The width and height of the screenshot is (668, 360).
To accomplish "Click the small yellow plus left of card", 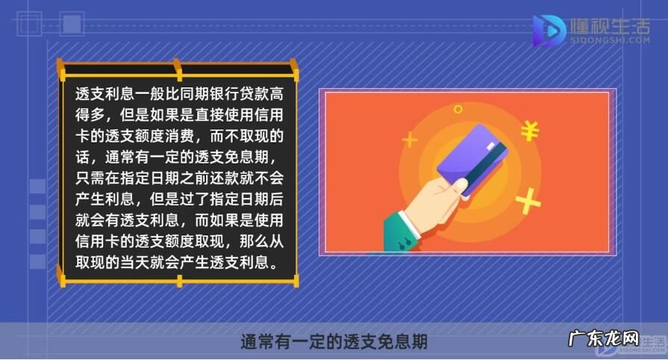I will [x=409, y=139].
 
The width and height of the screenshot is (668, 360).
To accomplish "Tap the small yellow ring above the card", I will [x=458, y=109].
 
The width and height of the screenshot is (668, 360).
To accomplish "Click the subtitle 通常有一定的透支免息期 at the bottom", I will [x=334, y=342].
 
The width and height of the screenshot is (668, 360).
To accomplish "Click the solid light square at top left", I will [x=72, y=24].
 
